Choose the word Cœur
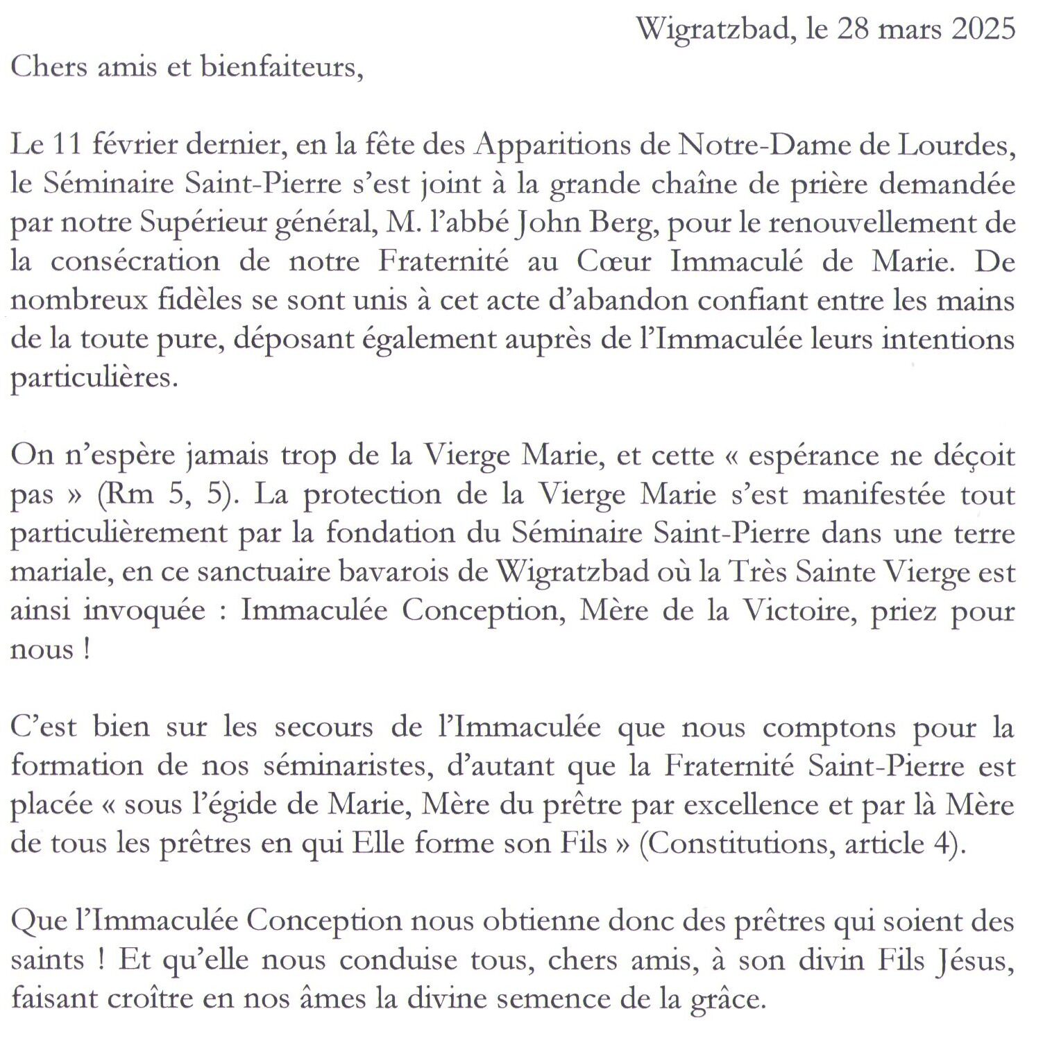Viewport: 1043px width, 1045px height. (613, 261)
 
